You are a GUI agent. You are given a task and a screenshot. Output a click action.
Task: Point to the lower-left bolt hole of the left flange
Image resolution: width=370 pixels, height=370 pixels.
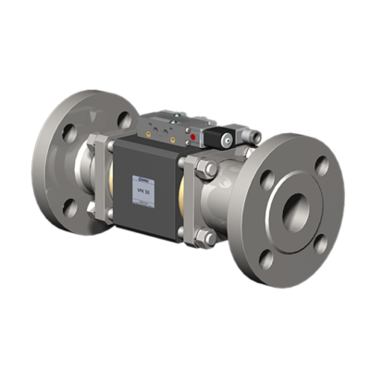click(66, 205)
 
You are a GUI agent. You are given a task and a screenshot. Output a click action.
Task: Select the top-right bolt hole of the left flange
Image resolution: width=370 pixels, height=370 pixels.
click(123, 118)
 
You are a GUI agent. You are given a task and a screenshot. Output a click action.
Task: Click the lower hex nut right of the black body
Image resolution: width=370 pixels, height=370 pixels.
click(210, 237)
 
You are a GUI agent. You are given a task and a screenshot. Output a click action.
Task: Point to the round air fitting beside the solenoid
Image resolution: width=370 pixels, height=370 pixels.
click(247, 136)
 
